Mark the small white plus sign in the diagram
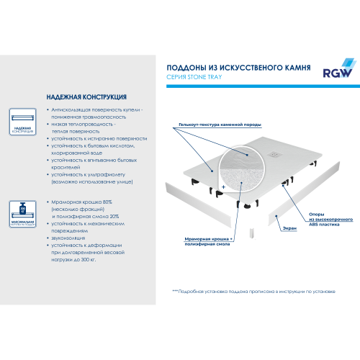coord(224,186)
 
